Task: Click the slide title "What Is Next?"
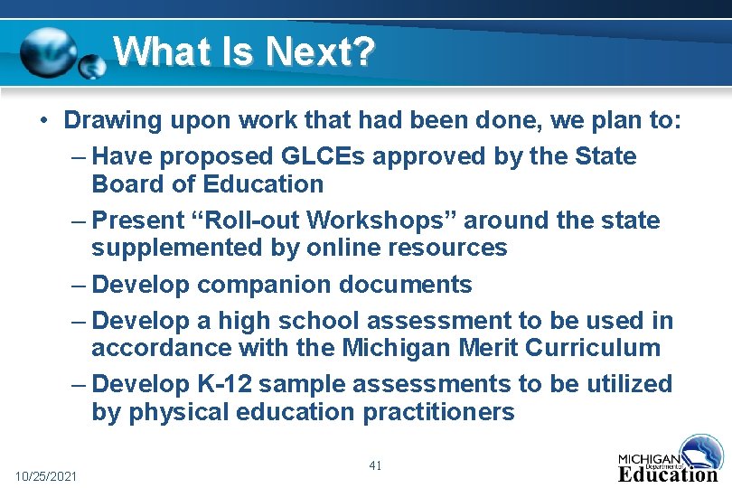click(243, 52)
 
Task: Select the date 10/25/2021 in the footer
click(46, 475)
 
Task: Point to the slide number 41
click(376, 465)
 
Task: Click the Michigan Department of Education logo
click(668, 458)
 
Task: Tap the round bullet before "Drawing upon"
click(42, 120)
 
